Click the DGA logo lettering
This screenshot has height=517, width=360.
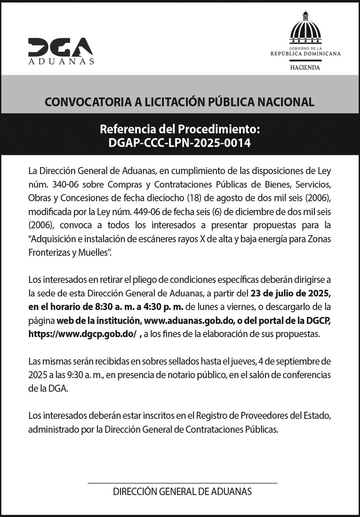coord(60,47)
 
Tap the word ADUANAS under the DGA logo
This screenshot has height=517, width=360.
coord(61,62)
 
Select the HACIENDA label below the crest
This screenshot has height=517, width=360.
coord(305,67)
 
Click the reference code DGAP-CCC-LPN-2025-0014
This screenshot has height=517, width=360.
coord(179,143)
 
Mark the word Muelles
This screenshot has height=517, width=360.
coord(94,252)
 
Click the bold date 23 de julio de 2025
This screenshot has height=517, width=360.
coord(291,293)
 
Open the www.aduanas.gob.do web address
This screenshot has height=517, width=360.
coord(189,321)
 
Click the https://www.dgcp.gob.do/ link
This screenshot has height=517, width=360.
coord(82,334)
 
